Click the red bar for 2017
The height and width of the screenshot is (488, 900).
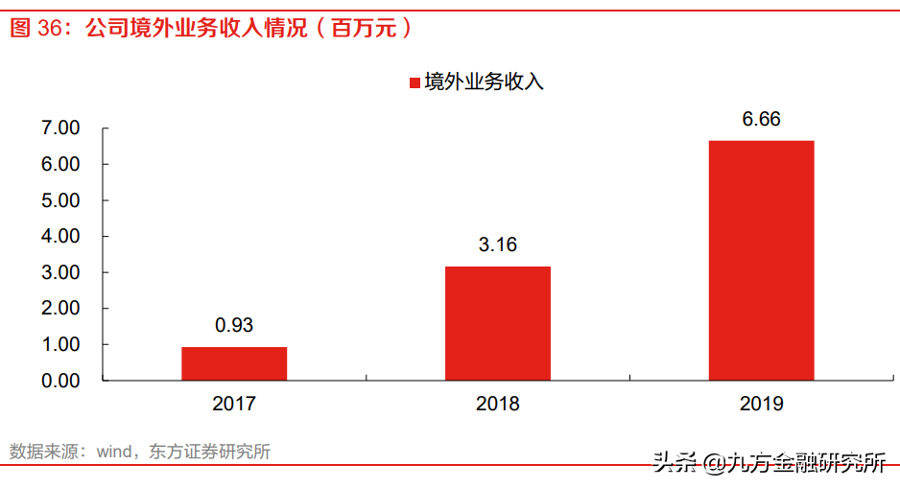coord(234,363)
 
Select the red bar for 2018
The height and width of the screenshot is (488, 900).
coord(498,323)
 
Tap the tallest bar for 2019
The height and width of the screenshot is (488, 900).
coord(761,260)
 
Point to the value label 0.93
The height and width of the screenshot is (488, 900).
coord(234,325)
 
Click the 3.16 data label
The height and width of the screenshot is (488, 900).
coord(498,244)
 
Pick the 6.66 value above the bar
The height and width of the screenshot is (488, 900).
coord(761,119)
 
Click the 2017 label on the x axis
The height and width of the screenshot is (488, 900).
coord(234,404)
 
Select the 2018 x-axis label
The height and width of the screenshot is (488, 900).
coord(498,404)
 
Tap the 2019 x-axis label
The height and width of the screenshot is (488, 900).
coord(761,404)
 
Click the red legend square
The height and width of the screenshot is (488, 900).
coord(414,82)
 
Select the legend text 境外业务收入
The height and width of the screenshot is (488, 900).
coord(484,82)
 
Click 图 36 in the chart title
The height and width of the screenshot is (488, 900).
coord(36,29)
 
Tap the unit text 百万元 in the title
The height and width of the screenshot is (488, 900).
coord(364,29)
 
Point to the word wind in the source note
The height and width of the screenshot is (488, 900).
coord(116,452)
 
